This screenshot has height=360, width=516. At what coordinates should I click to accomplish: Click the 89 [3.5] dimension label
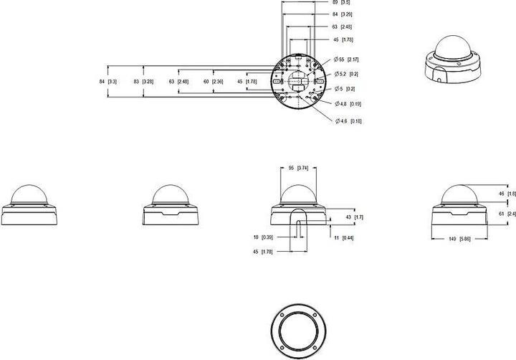pos(343,3)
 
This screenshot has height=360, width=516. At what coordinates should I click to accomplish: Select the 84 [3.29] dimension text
pos(343,14)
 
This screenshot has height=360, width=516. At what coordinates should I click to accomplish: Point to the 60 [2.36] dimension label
pos(214,82)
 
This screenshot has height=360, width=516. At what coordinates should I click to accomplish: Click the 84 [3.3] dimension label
pos(108,82)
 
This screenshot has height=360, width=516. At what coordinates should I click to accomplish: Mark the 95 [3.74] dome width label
pos(297,168)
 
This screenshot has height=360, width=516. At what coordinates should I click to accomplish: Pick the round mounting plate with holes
pos(296,80)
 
